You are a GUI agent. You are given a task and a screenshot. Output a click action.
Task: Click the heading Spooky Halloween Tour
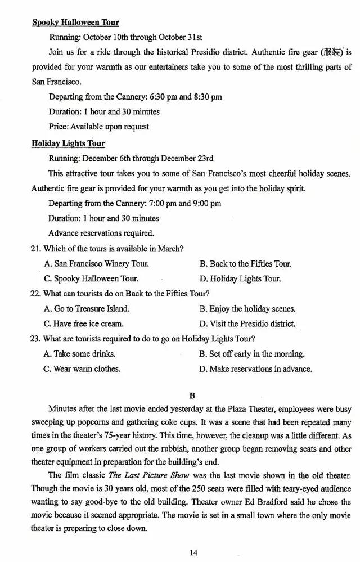[x=75, y=23]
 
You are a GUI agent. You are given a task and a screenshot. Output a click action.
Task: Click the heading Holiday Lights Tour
[x=68, y=143]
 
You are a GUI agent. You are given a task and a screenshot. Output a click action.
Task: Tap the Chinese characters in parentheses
[x=331, y=52]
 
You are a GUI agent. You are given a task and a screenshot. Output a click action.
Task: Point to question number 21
[x=37, y=248]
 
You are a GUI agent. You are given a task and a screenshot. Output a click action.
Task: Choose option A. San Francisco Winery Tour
[x=96, y=263]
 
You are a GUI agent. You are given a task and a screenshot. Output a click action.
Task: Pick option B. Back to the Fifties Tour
[x=245, y=263]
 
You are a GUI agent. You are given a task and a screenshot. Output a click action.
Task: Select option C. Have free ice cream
[x=83, y=323]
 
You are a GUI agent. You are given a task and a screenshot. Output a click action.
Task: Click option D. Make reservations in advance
[x=255, y=369]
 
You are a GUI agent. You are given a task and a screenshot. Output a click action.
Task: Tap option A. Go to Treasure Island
[x=87, y=308]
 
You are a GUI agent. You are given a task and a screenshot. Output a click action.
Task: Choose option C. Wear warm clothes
[x=82, y=369]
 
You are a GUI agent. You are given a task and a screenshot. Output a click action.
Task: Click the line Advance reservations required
[x=101, y=233]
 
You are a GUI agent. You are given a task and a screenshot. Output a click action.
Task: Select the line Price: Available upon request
[x=99, y=127]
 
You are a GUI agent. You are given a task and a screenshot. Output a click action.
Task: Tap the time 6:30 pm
[x=164, y=97]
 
